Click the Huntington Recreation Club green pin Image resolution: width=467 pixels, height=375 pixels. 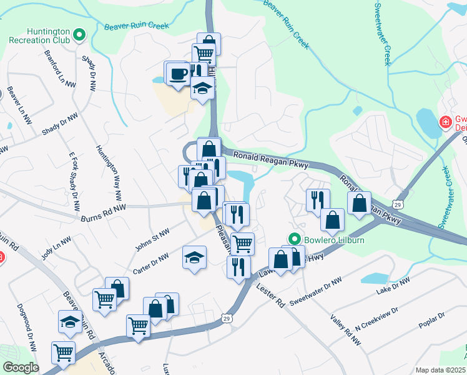pos(79,36)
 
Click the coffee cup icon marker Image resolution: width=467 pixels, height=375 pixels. pos(177,74)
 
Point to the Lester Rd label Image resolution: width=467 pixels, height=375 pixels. pos(271,295)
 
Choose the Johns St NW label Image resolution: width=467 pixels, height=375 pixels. pos(152,241)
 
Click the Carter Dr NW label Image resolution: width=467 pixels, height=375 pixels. pos(150,264)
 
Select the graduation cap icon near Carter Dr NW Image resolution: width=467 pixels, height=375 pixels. pos(194,257)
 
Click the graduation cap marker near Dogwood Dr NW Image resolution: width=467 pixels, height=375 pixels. pos(70,322)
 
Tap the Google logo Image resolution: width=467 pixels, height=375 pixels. pos(21,367)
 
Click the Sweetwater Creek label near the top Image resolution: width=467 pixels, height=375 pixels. pos(382,34)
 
